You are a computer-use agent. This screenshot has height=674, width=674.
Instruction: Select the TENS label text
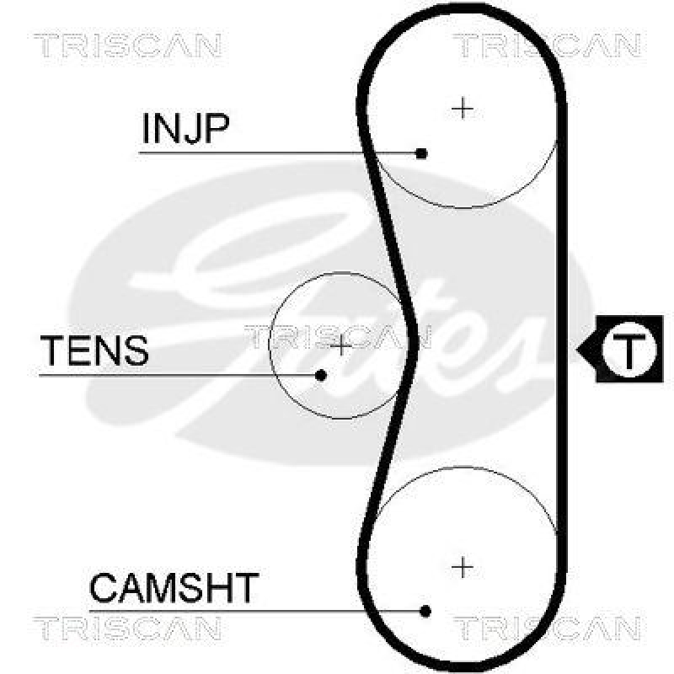pyautogui.click(x=94, y=350)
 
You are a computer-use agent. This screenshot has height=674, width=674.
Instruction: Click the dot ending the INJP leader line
pyautogui.click(x=422, y=153)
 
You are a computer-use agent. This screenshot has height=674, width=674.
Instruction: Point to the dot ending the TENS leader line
pyautogui.click(x=321, y=374)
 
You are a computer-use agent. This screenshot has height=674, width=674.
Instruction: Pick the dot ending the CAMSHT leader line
pyautogui.click(x=425, y=611)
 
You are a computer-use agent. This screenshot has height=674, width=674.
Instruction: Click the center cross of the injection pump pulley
pyautogui.click(x=462, y=108)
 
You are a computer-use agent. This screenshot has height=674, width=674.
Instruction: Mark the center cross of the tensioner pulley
pyautogui.click(x=340, y=345)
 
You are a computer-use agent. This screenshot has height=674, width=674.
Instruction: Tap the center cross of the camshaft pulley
pyautogui.click(x=462, y=566)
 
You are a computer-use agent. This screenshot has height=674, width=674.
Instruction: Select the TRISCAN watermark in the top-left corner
pyautogui.click(x=127, y=45)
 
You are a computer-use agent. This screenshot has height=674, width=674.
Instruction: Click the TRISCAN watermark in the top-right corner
pyautogui.click(x=548, y=45)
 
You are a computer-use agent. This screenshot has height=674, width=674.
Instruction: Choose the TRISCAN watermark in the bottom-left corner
pyautogui.click(x=127, y=628)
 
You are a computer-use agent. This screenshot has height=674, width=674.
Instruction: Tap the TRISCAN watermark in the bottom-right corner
pyautogui.click(x=548, y=628)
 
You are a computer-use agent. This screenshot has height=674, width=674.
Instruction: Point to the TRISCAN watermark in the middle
pyautogui.click(x=337, y=337)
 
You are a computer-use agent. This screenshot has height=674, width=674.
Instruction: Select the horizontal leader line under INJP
pyautogui.click(x=278, y=153)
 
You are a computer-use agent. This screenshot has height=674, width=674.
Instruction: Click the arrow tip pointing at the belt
pyautogui.click(x=577, y=349)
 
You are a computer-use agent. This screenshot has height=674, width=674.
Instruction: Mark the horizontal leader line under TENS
pyautogui.click(x=177, y=374)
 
